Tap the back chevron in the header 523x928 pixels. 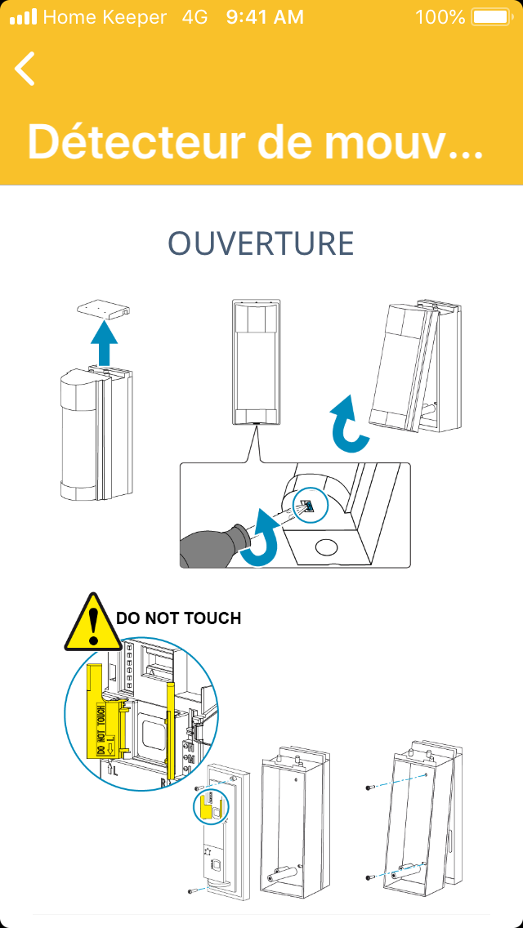pyautogui.click(x=25, y=69)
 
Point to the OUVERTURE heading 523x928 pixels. pyautogui.click(x=261, y=243)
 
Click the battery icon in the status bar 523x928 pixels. pyautogui.click(x=491, y=16)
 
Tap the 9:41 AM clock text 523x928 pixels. pyautogui.click(x=265, y=16)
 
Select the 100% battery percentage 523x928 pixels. pyautogui.click(x=440, y=16)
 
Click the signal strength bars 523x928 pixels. pyautogui.click(x=23, y=16)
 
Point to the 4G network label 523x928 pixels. pyautogui.click(x=196, y=16)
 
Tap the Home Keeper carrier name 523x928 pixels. pyautogui.click(x=105, y=16)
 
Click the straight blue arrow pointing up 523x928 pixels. pyautogui.click(x=104, y=342)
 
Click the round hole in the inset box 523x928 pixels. pyautogui.click(x=326, y=547)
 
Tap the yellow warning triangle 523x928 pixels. pyautogui.click(x=94, y=623)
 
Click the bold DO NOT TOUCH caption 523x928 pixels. pyautogui.click(x=179, y=618)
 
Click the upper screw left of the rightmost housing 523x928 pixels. pyautogui.click(x=371, y=787)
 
